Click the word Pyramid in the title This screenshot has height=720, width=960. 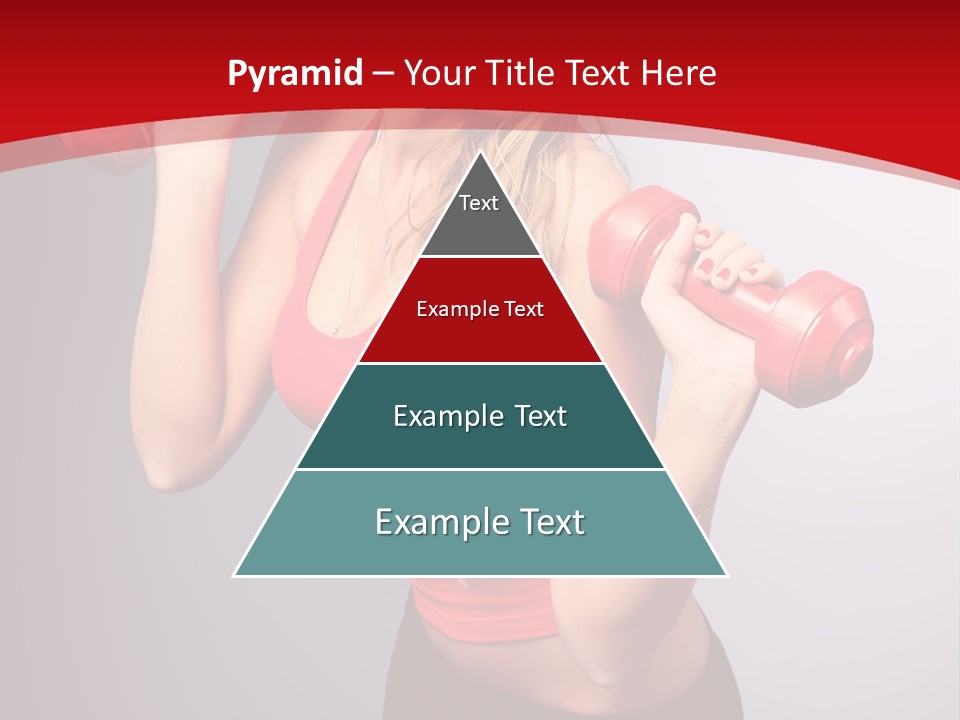click(x=295, y=74)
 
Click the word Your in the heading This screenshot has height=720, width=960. click(x=440, y=73)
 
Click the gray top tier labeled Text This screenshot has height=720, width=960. click(x=479, y=215)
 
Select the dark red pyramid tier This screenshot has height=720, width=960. click(x=480, y=320)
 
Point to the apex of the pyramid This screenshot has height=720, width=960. click(x=481, y=153)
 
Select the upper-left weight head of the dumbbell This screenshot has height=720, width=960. click(x=640, y=235)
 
